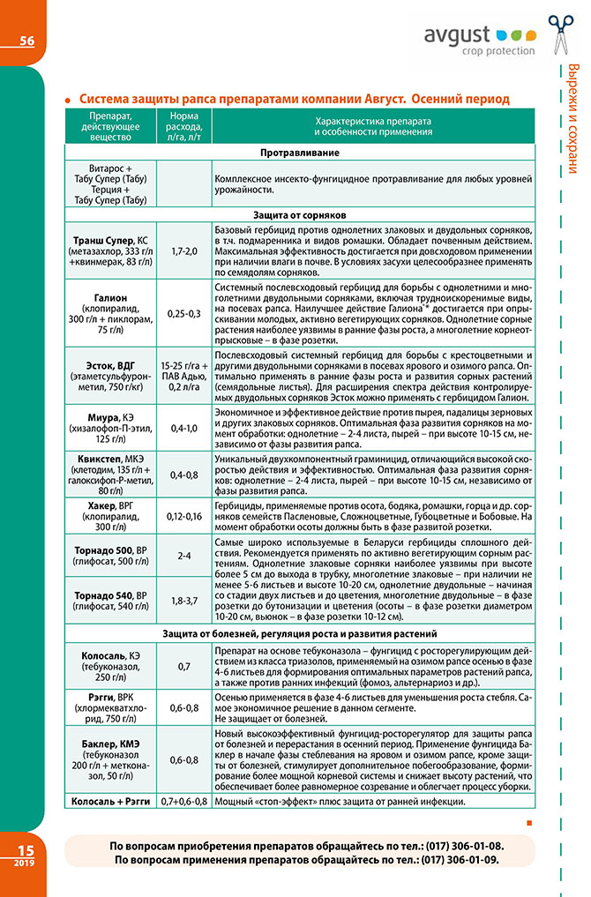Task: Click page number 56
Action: (26, 40)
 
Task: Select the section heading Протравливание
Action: (300, 153)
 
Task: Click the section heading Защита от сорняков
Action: (300, 214)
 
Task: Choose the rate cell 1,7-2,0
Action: (184, 251)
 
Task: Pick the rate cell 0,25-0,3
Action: (184, 313)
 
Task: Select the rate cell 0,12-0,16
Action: (184, 515)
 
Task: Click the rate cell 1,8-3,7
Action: (184, 601)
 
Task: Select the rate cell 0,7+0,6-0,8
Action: (184, 801)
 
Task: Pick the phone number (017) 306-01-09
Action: (446, 859)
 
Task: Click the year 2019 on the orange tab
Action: (24, 863)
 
